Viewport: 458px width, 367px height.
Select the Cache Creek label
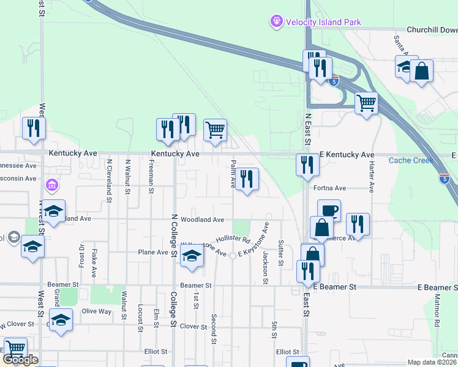411,160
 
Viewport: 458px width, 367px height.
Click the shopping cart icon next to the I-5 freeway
366,103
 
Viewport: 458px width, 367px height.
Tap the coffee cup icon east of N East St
329,210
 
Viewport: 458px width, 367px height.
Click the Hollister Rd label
233,239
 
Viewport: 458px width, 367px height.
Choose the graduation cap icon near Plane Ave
192,258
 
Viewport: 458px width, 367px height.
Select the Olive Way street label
97,311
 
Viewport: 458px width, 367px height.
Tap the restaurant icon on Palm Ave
247,179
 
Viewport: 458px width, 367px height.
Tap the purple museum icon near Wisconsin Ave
52,184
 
